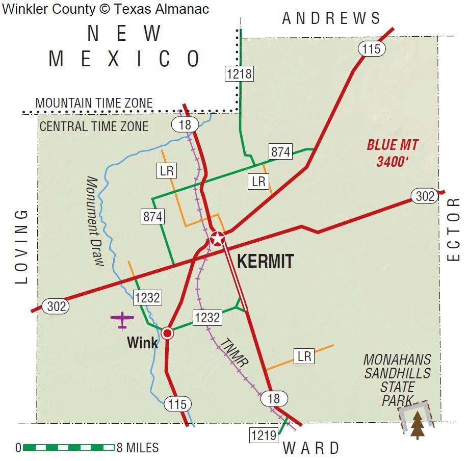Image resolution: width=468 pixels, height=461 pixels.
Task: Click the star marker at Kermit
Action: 218,238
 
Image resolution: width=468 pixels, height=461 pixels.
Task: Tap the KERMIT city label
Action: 266,262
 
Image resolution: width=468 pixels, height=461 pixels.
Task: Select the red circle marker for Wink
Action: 167,333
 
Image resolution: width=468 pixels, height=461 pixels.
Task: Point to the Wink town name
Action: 143,343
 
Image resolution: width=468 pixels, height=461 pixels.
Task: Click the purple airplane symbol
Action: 122,320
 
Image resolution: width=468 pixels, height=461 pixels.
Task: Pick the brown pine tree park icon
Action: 418,424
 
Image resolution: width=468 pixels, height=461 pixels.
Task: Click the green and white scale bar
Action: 68,448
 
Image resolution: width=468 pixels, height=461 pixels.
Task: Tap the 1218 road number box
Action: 239,73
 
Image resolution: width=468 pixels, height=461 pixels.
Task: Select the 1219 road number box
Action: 264,435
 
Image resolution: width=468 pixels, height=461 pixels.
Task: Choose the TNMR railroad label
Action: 235,352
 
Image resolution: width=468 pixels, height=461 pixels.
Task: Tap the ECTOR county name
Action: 453,229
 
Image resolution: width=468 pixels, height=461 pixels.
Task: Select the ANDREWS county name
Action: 331,19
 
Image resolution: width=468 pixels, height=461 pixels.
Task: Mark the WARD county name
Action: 311,448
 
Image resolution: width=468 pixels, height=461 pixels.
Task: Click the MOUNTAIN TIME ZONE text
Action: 94,103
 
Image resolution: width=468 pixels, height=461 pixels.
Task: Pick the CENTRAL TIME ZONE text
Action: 94,126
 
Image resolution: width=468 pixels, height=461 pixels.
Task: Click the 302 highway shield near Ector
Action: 425,196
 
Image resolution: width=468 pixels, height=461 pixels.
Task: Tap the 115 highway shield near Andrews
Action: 372,49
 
